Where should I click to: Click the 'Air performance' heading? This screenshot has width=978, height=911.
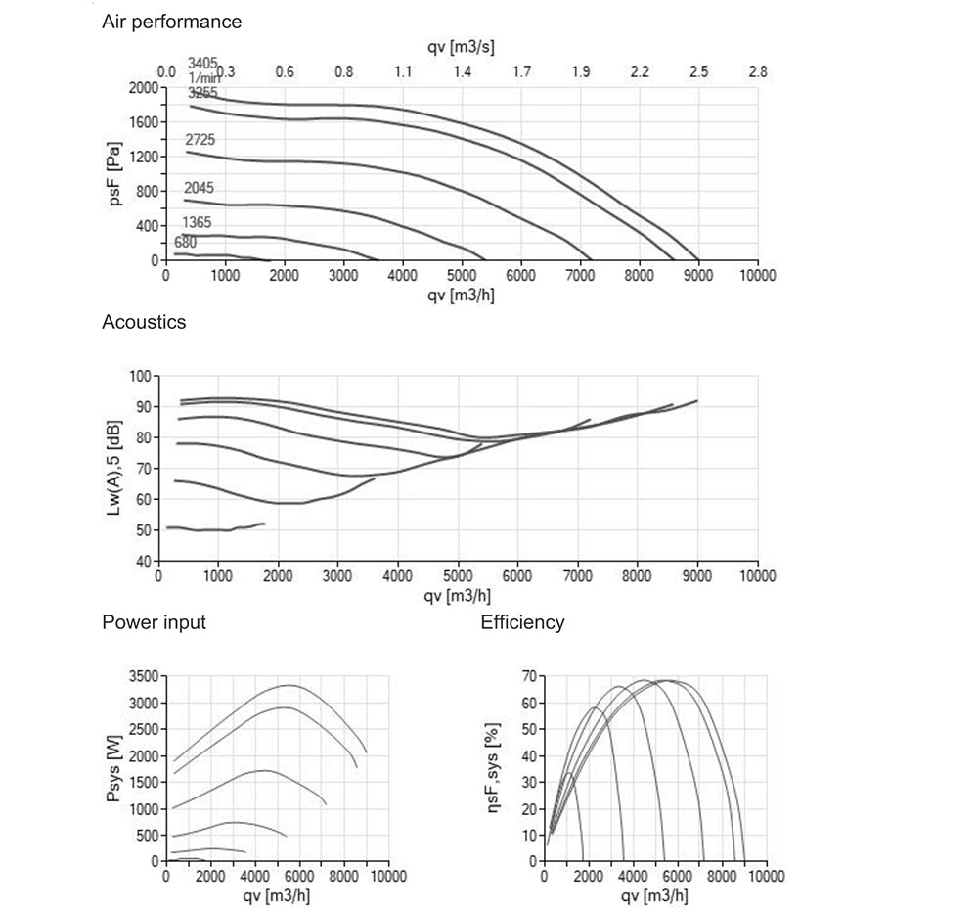[172, 22]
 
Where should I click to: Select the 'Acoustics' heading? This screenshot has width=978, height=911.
[144, 321]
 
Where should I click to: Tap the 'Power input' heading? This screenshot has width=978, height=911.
[154, 622]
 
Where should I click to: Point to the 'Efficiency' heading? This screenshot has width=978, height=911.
[522, 622]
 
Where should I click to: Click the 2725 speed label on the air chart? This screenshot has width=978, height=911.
[200, 141]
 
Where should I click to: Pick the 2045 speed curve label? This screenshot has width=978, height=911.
[199, 188]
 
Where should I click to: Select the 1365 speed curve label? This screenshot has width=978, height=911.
[197, 223]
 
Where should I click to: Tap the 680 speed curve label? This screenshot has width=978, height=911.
[185, 243]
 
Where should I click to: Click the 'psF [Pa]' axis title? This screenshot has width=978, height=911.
[115, 174]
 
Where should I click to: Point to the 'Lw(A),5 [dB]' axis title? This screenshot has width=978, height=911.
[115, 469]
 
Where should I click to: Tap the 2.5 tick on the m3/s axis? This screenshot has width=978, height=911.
[698, 71]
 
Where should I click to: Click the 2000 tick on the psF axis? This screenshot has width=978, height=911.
[143, 87]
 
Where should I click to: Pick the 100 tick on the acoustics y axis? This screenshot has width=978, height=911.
[142, 376]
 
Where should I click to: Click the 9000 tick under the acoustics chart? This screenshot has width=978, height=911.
[697, 576]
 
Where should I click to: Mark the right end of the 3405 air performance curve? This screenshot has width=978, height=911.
[698, 260]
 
